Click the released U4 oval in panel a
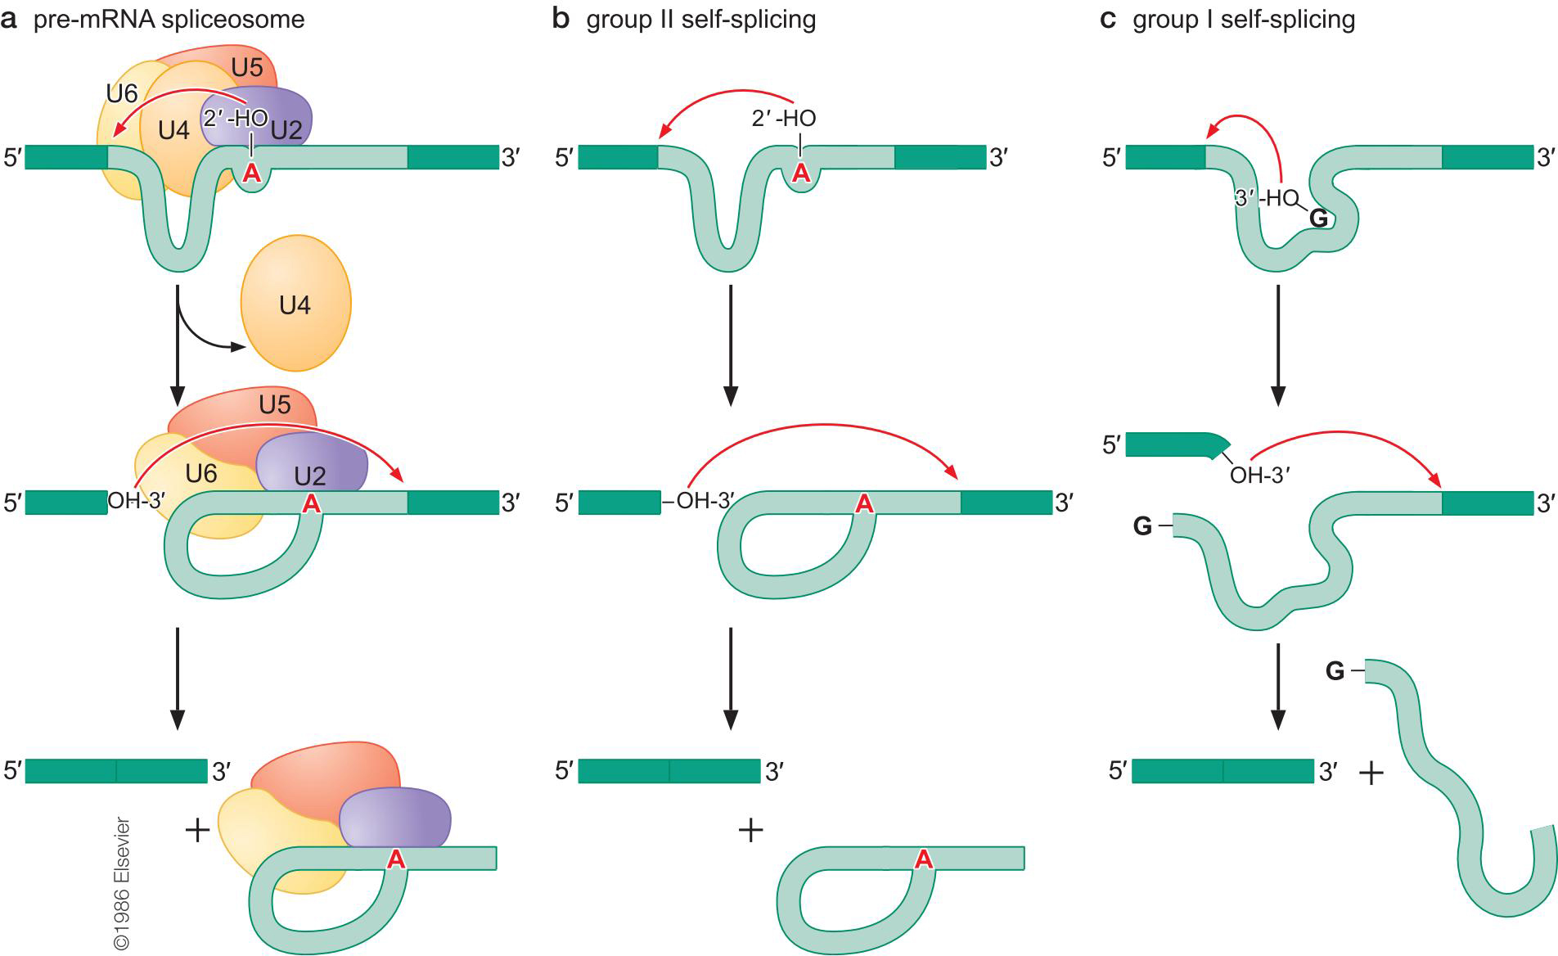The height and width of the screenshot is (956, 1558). (x=295, y=305)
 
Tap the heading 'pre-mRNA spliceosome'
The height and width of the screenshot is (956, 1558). (x=169, y=20)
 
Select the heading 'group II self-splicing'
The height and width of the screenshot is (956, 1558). (x=700, y=20)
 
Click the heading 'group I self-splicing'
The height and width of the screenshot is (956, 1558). (x=1243, y=20)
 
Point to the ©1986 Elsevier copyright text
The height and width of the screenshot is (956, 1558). (x=122, y=883)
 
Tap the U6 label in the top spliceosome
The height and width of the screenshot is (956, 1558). (x=122, y=94)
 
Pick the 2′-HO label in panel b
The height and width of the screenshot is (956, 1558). (x=783, y=119)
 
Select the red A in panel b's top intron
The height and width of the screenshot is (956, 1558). (x=801, y=173)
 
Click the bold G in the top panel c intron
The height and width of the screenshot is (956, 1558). (x=1318, y=218)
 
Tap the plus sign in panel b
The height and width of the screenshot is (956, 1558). (x=750, y=831)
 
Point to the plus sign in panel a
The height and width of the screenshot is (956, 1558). (x=198, y=831)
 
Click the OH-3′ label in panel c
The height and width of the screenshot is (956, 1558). (x=1259, y=476)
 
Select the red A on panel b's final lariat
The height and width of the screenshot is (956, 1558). (x=923, y=859)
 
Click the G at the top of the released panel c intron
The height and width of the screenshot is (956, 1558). (x=1335, y=672)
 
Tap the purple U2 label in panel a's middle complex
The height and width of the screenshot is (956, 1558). (x=310, y=476)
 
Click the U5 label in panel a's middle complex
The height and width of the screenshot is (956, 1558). (x=275, y=405)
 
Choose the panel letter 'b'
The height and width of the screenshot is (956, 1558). (x=561, y=20)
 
